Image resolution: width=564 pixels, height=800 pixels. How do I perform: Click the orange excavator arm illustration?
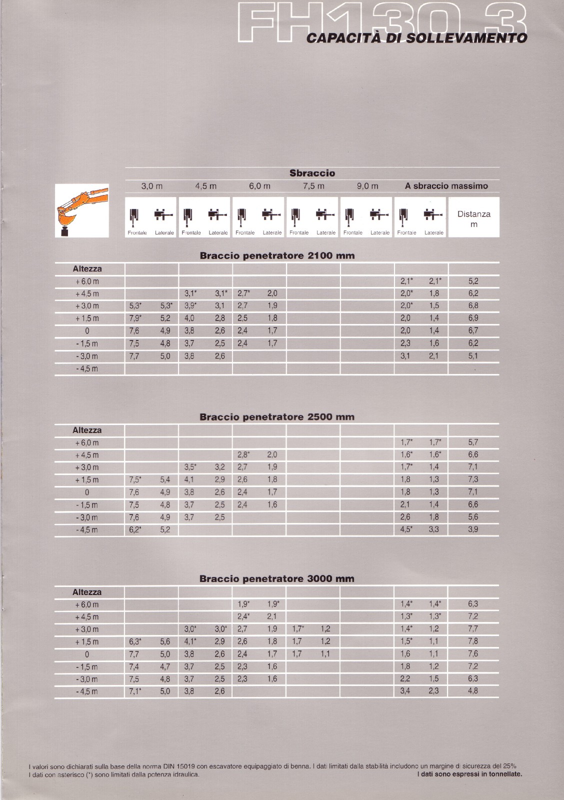coord(82,210)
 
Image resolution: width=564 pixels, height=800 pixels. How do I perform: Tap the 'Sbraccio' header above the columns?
coord(312,173)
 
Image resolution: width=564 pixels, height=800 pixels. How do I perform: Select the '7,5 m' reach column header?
coord(313,186)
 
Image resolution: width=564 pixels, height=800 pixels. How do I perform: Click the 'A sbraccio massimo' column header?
coord(446,186)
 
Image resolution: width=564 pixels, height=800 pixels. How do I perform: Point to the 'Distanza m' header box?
coord(473,219)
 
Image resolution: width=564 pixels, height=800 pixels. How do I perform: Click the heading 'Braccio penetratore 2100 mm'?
coord(277,256)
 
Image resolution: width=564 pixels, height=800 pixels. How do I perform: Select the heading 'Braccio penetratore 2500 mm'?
coord(277,417)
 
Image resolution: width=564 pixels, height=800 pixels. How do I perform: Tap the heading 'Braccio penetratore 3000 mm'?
coord(277,579)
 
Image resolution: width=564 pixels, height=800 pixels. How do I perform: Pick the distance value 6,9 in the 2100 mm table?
coord(473,318)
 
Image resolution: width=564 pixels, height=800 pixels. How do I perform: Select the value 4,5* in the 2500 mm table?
coord(406,530)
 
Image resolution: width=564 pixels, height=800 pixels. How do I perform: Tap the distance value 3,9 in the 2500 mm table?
coord(473,530)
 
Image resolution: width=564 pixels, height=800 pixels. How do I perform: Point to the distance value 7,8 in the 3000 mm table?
coord(473,641)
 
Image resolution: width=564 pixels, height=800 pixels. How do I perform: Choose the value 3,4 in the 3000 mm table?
coord(405,691)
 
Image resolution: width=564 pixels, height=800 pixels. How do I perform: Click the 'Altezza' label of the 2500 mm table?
coord(87,430)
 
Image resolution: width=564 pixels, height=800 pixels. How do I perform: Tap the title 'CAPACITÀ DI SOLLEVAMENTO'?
coord(416,38)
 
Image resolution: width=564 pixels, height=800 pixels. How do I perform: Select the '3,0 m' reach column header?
coord(151,186)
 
